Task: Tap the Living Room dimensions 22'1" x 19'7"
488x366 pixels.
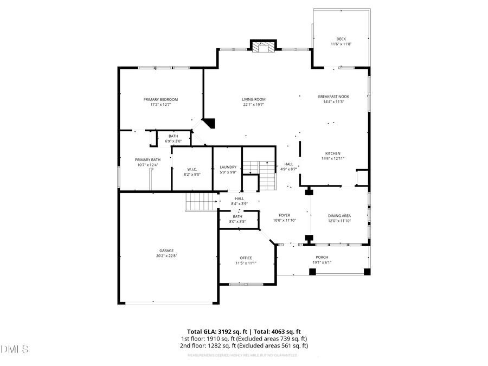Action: (x=254, y=105)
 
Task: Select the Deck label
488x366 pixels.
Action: (x=341, y=38)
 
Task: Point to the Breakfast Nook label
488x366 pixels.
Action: (x=333, y=97)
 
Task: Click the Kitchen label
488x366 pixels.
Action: (x=333, y=153)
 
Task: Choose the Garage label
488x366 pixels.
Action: (x=166, y=251)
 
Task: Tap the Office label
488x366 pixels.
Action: (x=246, y=258)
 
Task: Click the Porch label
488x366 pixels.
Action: (x=322, y=257)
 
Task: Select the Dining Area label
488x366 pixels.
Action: (x=339, y=215)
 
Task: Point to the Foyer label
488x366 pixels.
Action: (x=285, y=215)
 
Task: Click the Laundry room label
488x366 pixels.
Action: (x=228, y=167)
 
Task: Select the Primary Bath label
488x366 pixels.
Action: (x=146, y=159)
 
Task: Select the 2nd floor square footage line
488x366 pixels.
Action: (x=244, y=345)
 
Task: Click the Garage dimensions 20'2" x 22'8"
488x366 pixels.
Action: (x=166, y=256)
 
